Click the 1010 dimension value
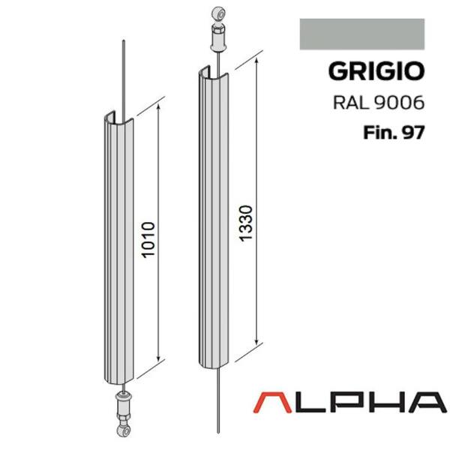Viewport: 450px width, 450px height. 148,240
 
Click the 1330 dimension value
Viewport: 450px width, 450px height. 246,223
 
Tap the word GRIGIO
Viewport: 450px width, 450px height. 376,71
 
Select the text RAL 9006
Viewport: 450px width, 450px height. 379,103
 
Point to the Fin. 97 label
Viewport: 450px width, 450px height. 394,133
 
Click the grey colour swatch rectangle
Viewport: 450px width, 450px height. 362,34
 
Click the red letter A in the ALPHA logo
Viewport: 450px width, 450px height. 272,403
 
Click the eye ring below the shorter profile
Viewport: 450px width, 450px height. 124,430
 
